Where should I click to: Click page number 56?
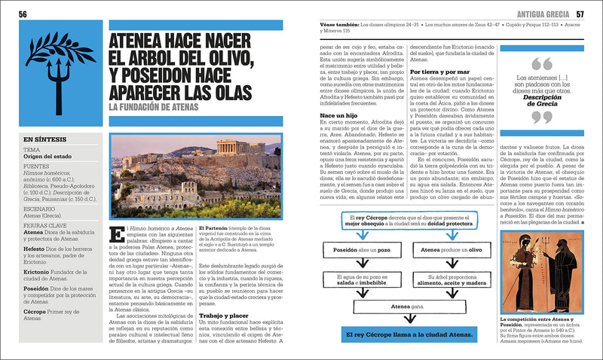click(23, 14)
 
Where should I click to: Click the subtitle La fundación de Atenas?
click(153, 108)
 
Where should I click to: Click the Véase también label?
click(337, 24)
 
